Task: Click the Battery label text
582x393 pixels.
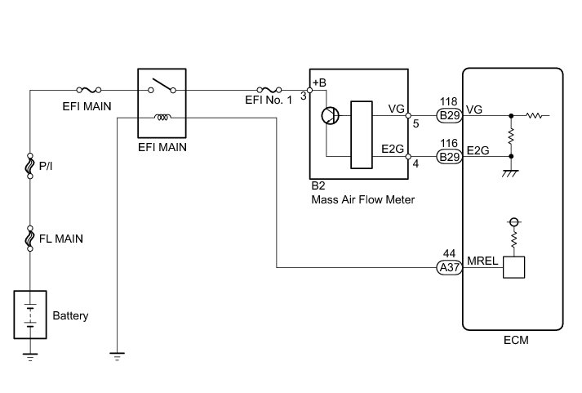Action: click(x=70, y=315)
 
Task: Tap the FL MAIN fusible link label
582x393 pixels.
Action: click(x=61, y=239)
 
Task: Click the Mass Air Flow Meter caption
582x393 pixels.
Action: click(x=362, y=199)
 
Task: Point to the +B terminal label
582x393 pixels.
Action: click(x=319, y=83)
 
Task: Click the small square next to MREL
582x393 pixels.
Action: click(x=513, y=267)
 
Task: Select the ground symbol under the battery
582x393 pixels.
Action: click(x=30, y=355)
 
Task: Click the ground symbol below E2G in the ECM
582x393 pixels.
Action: click(x=512, y=172)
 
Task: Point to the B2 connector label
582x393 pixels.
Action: click(x=318, y=186)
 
